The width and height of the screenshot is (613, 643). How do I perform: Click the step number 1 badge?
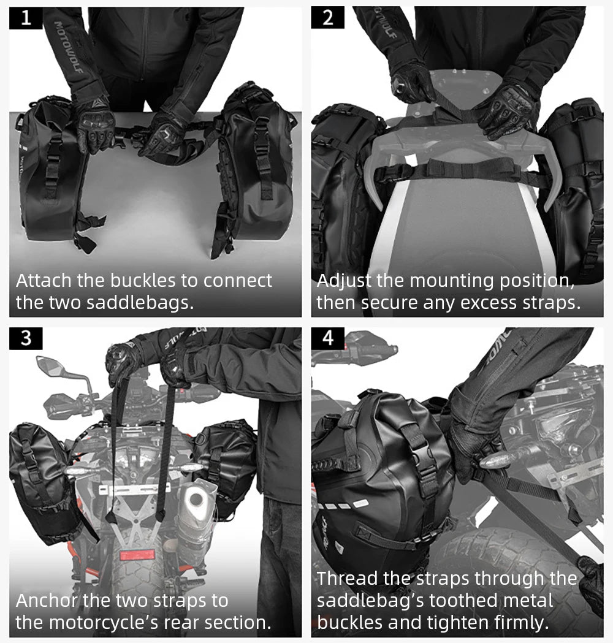(x=26, y=18)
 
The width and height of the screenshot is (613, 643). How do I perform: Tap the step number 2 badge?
(x=328, y=18)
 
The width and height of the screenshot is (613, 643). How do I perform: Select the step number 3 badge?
(x=26, y=338)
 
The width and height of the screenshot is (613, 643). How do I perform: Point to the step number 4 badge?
(x=328, y=338)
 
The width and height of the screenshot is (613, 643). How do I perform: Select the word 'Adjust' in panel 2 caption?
(x=344, y=281)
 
